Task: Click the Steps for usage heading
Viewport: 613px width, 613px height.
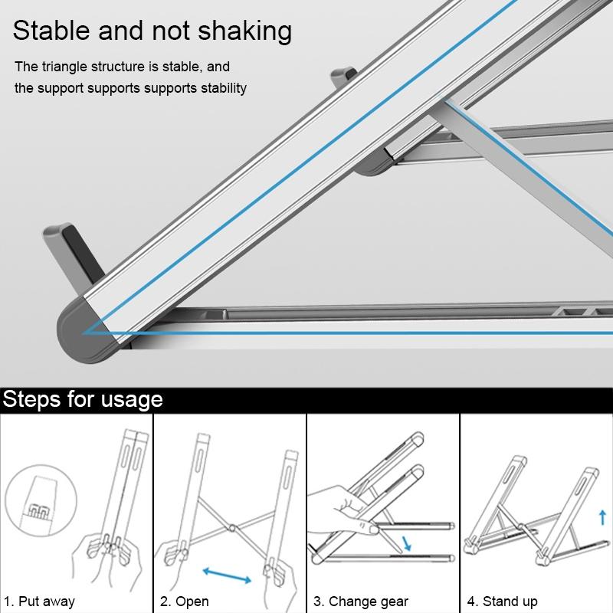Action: [x=82, y=399]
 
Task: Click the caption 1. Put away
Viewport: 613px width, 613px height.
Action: [x=39, y=601]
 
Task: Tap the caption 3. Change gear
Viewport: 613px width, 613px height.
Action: [x=358, y=601]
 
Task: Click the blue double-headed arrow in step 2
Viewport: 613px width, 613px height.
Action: [x=227, y=573]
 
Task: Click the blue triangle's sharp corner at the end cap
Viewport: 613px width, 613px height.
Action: [x=85, y=333]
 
